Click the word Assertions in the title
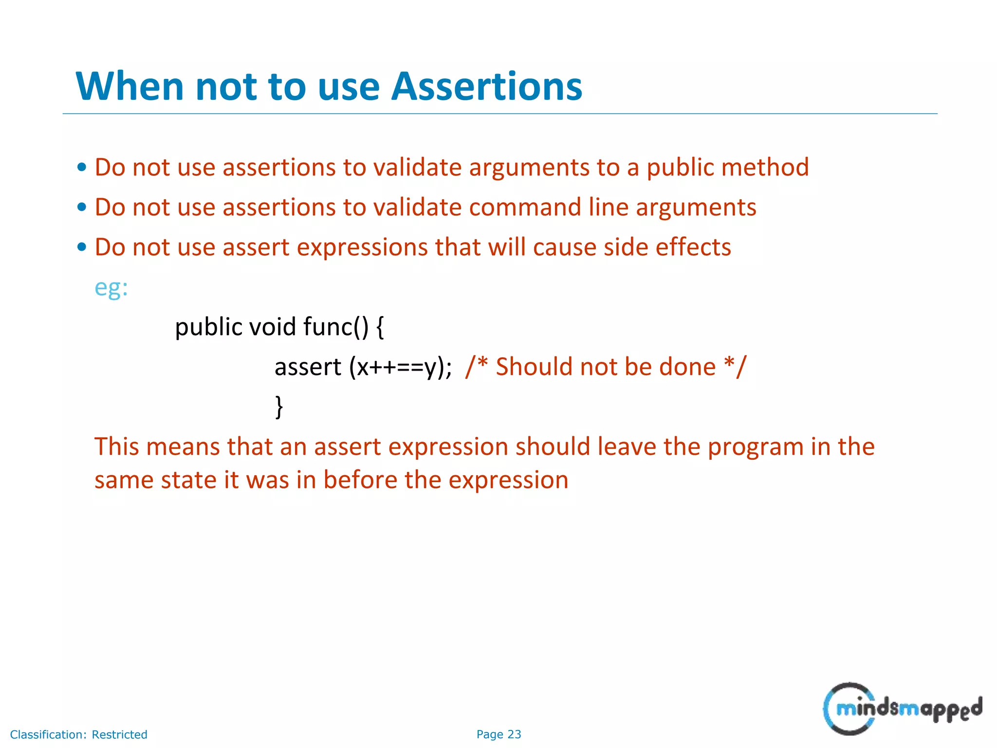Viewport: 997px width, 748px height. pyautogui.click(x=487, y=87)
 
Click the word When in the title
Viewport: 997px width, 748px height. pyautogui.click(x=129, y=87)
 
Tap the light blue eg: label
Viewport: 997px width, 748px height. pyautogui.click(x=111, y=288)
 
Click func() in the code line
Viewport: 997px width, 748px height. pyautogui.click(x=336, y=327)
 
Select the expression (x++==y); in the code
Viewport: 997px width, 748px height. pyautogui.click(x=400, y=368)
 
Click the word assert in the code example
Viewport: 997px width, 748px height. pyautogui.click(x=308, y=368)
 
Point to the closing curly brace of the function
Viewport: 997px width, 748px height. pyautogui.click(x=279, y=407)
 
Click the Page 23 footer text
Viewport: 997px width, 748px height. pyautogui.click(x=498, y=734)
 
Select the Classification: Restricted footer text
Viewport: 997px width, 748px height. pyautogui.click(x=78, y=734)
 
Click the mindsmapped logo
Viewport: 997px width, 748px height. pyautogui.click(x=902, y=709)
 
